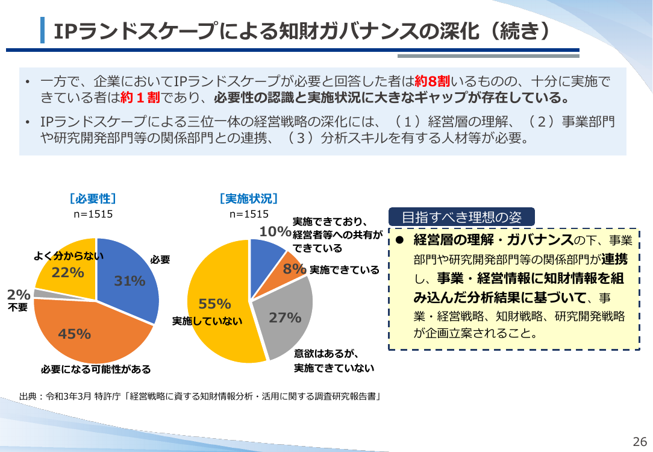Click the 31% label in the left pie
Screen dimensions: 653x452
(x=130, y=281)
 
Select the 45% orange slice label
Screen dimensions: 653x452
(x=75, y=334)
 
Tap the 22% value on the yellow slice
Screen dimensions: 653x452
(x=68, y=272)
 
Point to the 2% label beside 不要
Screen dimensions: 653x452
(x=19, y=295)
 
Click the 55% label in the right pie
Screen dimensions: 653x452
(x=214, y=304)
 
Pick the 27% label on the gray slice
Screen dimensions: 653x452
(x=286, y=318)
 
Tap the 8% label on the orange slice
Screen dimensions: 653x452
(x=295, y=269)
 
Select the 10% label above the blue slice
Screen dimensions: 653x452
(x=275, y=231)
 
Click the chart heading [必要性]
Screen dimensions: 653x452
(x=93, y=198)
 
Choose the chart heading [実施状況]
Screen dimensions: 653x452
(x=249, y=198)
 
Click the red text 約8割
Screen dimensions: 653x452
(x=433, y=81)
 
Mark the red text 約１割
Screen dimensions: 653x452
(x=140, y=98)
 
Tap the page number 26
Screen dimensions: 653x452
(x=640, y=441)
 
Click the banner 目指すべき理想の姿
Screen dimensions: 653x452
(x=461, y=217)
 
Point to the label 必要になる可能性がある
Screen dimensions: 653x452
(x=96, y=369)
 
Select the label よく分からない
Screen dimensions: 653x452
(x=69, y=256)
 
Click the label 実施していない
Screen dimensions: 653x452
(x=207, y=321)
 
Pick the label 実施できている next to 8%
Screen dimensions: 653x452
(x=345, y=270)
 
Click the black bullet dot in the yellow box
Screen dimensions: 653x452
(x=400, y=240)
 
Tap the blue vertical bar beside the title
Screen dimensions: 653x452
(x=43, y=30)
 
